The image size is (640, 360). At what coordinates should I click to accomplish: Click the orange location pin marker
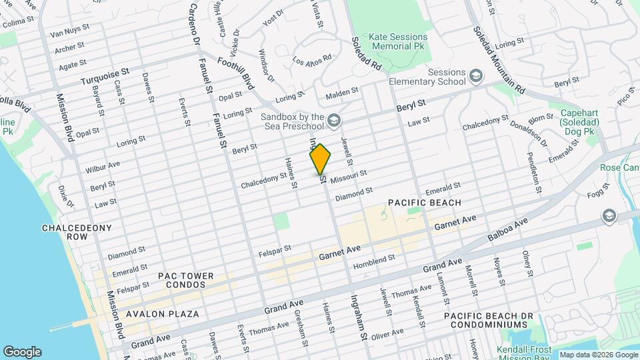[320, 159]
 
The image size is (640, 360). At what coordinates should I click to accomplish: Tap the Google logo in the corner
[22, 351]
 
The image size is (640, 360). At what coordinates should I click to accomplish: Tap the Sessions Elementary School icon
[475, 76]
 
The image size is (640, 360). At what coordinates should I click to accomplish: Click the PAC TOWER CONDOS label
[186, 281]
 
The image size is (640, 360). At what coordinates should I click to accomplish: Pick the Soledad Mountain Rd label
[499, 60]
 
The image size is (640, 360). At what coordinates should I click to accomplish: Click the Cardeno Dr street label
[194, 25]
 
